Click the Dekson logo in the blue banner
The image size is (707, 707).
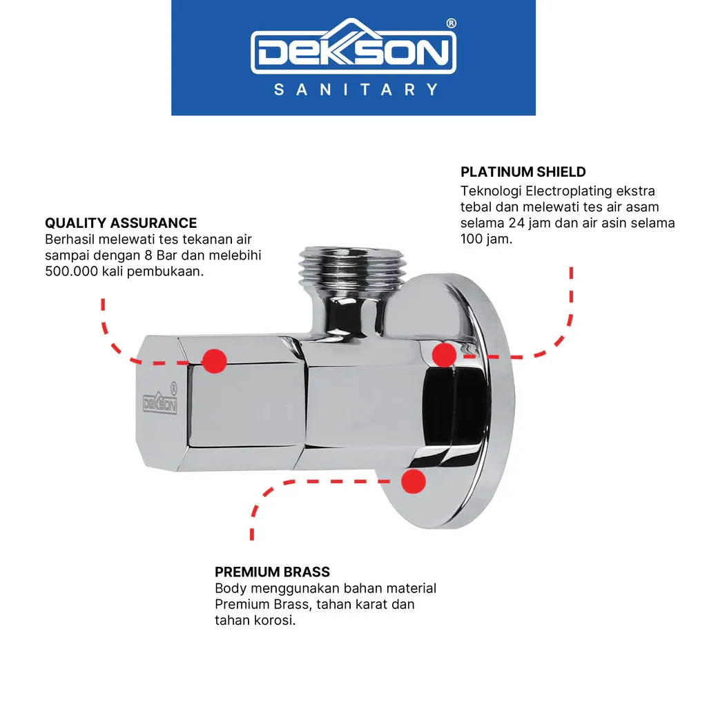[x=353, y=46]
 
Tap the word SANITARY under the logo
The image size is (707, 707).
[x=356, y=90]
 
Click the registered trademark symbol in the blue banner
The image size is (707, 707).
[x=451, y=23]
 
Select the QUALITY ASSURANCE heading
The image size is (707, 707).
[x=121, y=223]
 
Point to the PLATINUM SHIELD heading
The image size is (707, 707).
[x=523, y=172]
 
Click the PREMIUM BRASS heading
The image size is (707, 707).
[x=272, y=572]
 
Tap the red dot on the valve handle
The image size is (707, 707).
[x=214, y=360]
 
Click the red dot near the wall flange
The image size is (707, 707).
[x=444, y=354]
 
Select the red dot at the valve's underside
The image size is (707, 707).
[x=414, y=481]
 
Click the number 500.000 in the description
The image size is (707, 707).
[x=71, y=271]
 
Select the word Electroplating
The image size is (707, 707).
[x=569, y=191]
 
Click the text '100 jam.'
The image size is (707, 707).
[x=487, y=239]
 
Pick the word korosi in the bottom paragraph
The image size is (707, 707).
[x=275, y=621]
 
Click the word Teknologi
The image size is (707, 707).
[x=491, y=191]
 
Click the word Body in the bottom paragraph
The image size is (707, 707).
[x=231, y=588]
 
